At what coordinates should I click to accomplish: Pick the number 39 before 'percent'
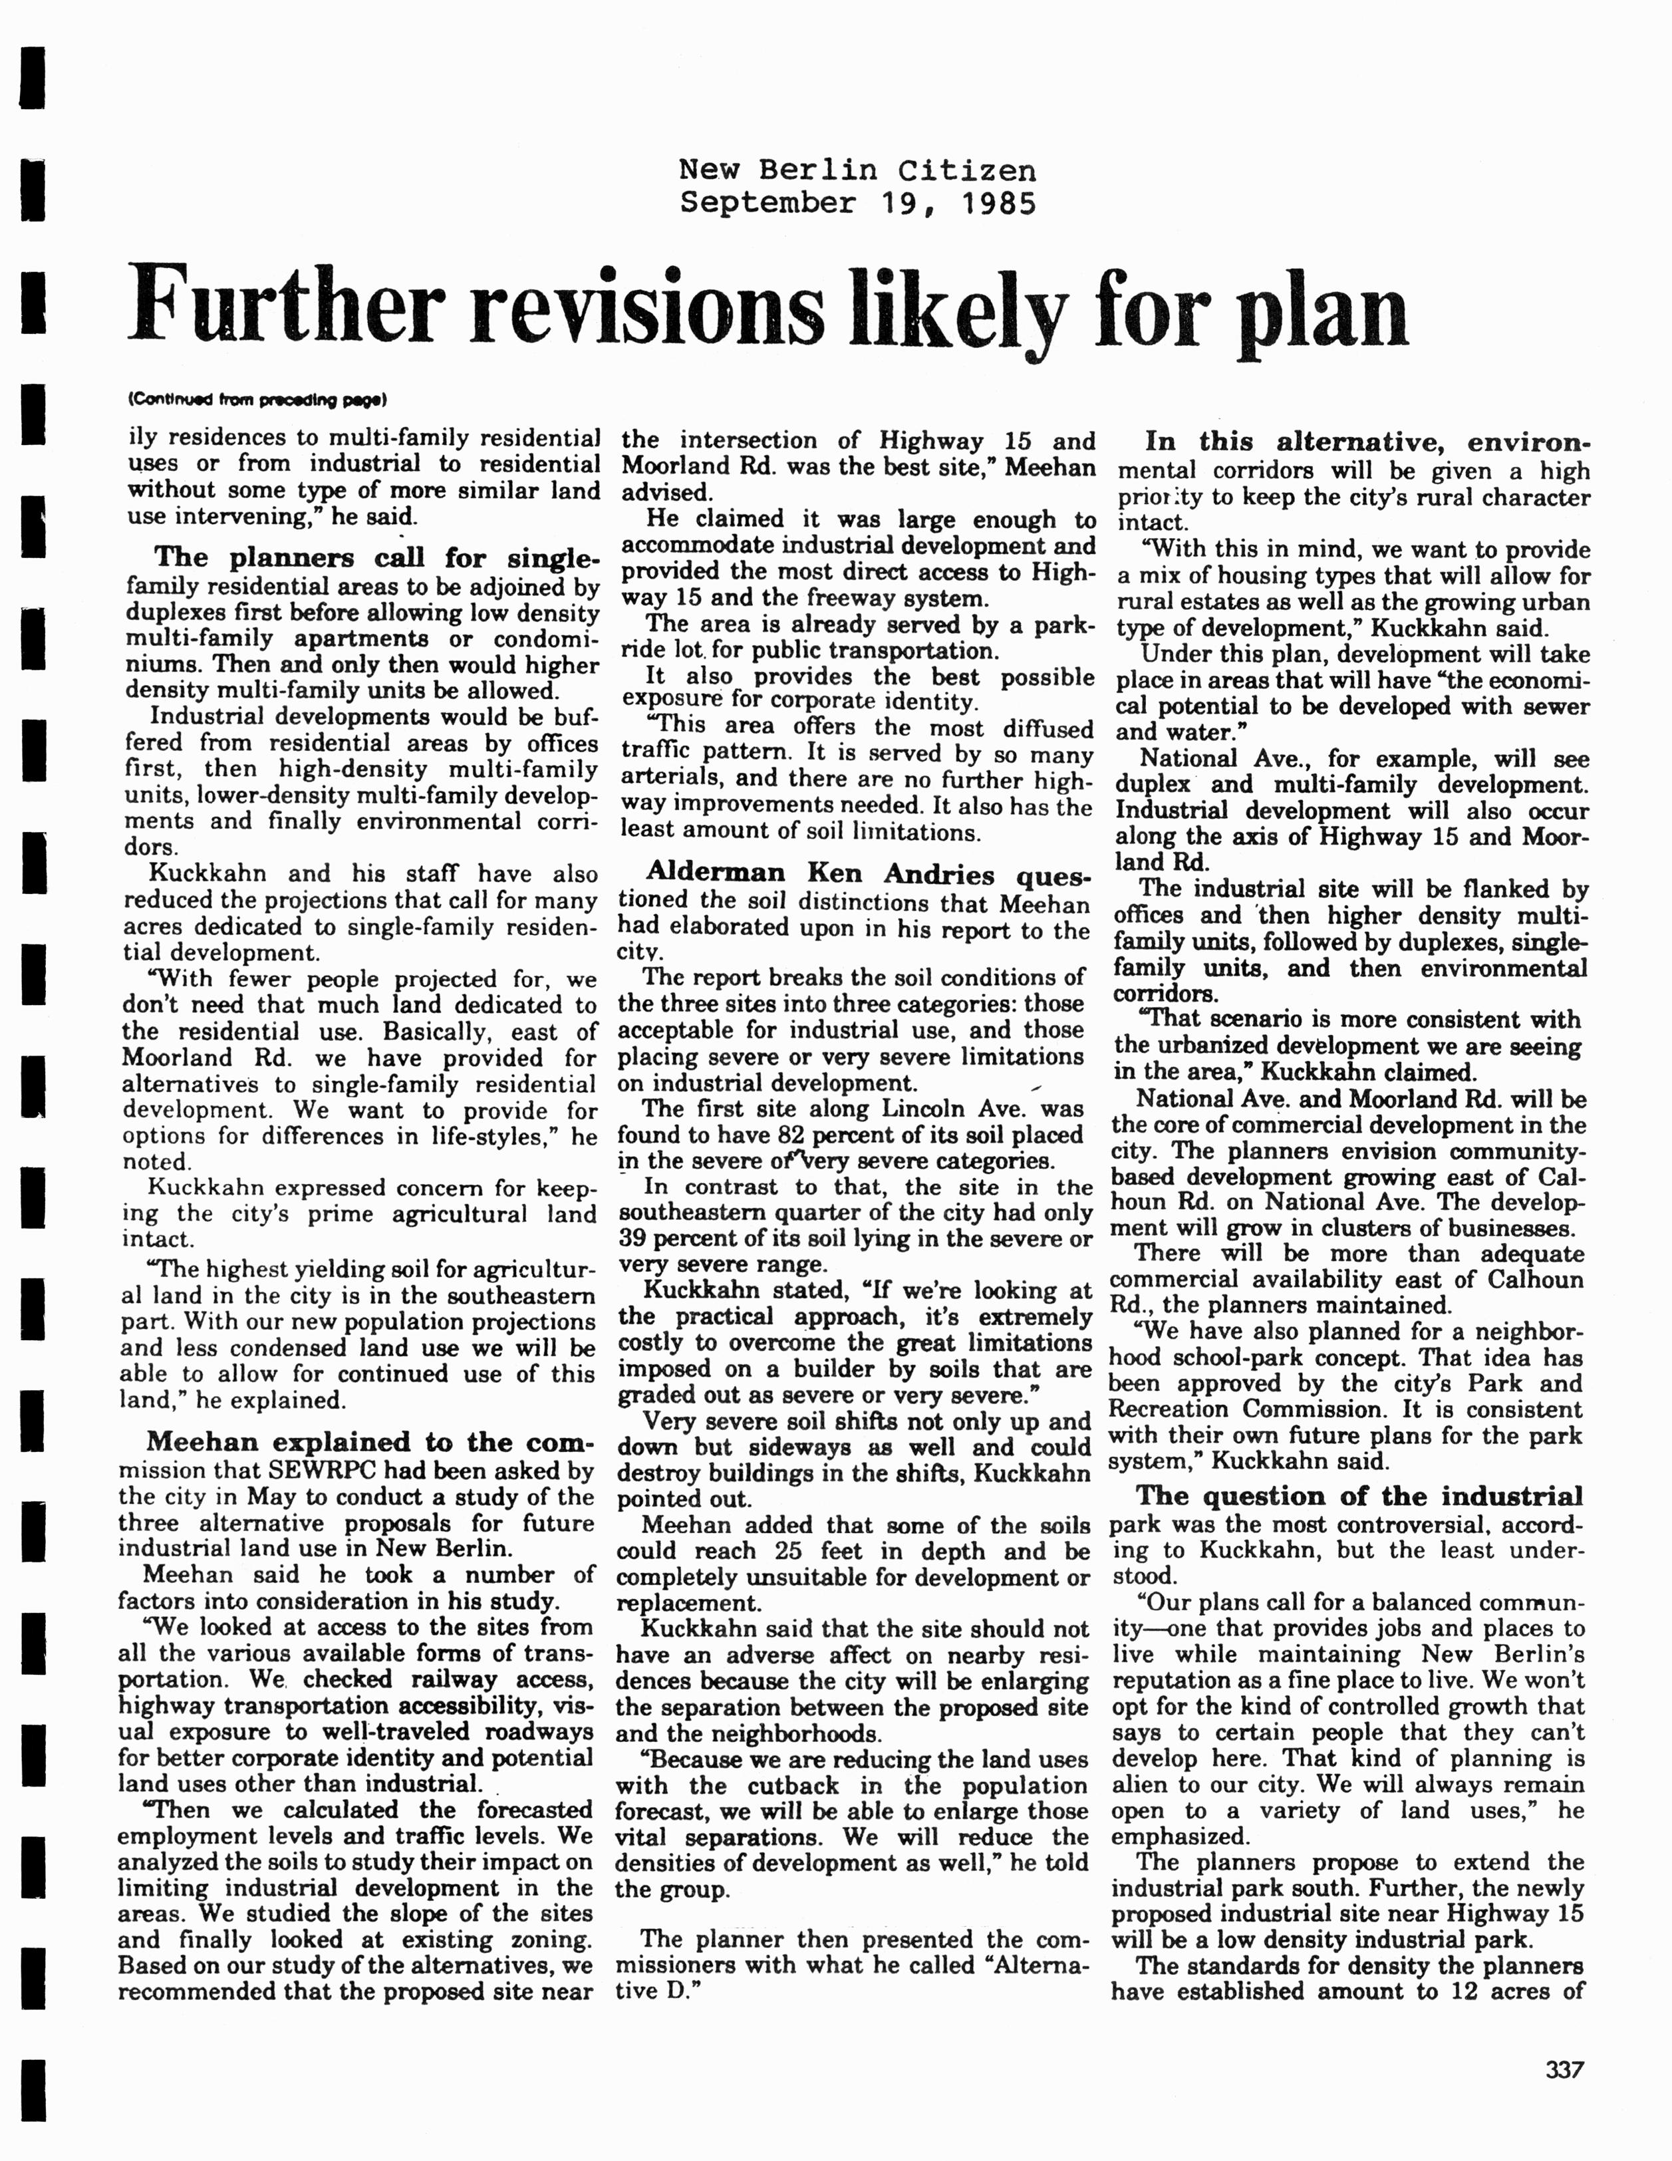(633, 1239)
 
